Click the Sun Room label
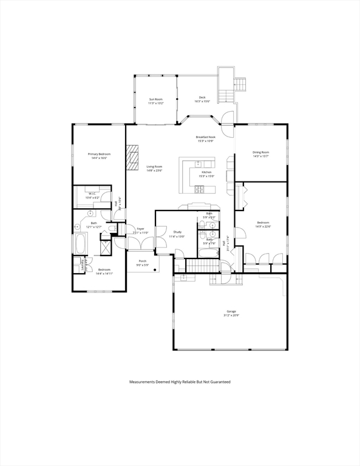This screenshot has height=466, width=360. tap(156, 99)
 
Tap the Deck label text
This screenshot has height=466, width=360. tap(202, 97)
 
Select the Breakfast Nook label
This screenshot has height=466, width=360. tap(206, 137)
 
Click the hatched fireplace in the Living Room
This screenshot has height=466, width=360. tap(132, 157)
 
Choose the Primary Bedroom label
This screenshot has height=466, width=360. tap(99, 154)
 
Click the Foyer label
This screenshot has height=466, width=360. tap(140, 229)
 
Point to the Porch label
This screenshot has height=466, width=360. tap(143, 261)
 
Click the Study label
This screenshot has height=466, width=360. tap(178, 232)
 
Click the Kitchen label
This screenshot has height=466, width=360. tap(207, 172)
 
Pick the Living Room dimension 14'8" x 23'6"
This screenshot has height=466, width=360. tap(154, 171)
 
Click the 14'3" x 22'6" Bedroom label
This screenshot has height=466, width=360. tap(263, 223)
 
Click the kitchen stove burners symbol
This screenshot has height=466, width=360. tap(200, 189)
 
